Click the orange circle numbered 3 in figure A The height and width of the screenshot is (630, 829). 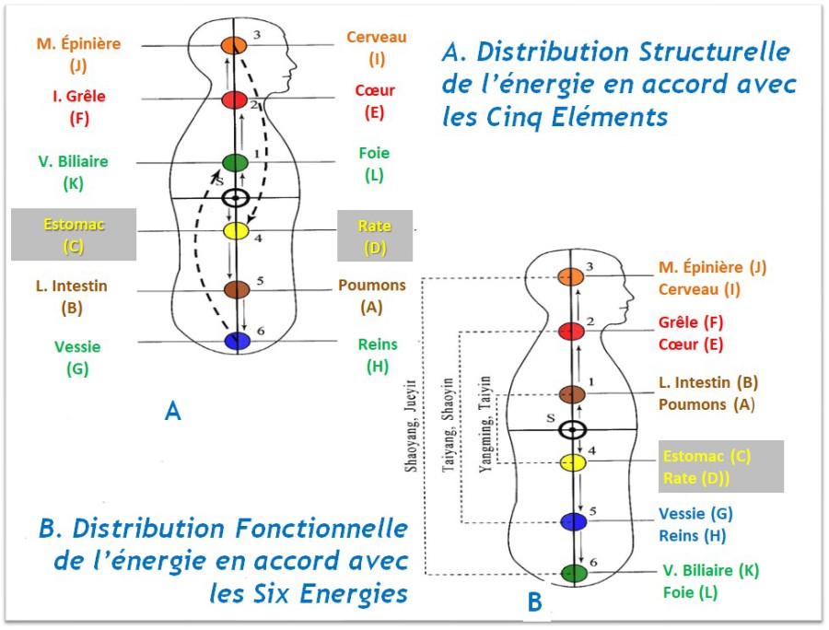pyautogui.click(x=235, y=44)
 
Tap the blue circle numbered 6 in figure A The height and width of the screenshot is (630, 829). pyautogui.click(x=237, y=341)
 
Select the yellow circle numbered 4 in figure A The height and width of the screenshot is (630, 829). pyautogui.click(x=236, y=230)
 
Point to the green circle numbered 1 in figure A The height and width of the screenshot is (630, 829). pyautogui.click(x=236, y=163)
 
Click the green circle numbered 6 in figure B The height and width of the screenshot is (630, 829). pyautogui.click(x=574, y=573)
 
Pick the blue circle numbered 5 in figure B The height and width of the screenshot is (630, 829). pyautogui.click(x=574, y=521)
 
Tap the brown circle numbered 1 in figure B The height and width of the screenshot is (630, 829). pyautogui.click(x=573, y=393)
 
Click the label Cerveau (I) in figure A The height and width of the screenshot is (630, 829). pyautogui.click(x=376, y=48)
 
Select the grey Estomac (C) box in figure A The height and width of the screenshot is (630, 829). pyautogui.click(x=74, y=235)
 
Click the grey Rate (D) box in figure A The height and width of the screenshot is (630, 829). pyautogui.click(x=374, y=235)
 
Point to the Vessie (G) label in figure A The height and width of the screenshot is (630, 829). pyautogui.click(x=77, y=357)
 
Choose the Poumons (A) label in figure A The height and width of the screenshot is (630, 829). pyautogui.click(x=372, y=296)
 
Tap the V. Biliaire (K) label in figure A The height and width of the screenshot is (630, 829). pyautogui.click(x=74, y=171)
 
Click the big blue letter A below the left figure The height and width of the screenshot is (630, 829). pyautogui.click(x=172, y=412)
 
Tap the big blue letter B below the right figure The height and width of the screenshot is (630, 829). pyautogui.click(x=534, y=602)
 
